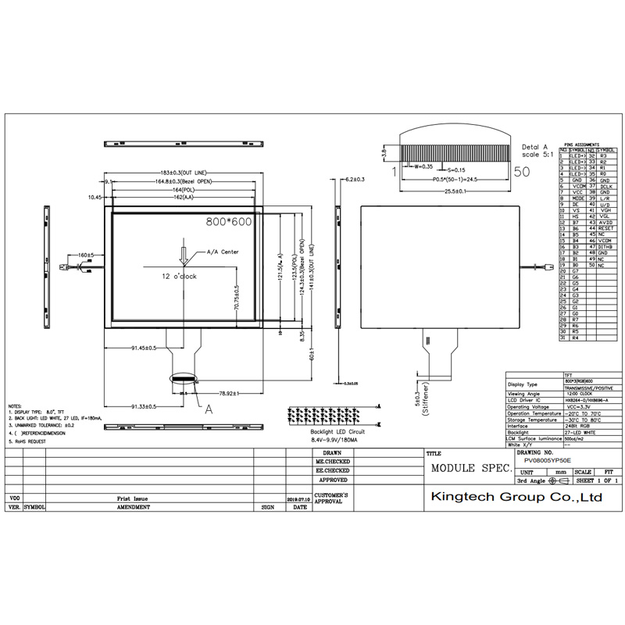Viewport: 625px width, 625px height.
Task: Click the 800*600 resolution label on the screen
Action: click(228, 222)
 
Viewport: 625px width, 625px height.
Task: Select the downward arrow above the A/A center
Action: click(184, 255)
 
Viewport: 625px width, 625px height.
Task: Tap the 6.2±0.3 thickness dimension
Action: click(355, 180)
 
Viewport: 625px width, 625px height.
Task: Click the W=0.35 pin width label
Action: click(423, 166)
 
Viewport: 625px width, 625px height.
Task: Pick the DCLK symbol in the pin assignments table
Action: click(604, 186)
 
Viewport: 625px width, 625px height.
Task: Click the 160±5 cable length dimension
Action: click(85, 255)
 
